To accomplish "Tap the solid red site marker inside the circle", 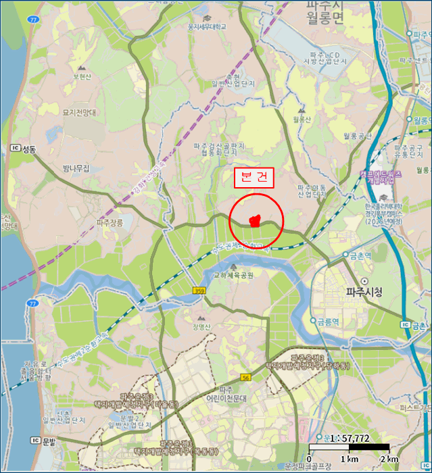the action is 255,220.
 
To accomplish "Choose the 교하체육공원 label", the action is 233,275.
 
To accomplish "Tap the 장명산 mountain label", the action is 201,327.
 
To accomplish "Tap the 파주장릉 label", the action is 110,222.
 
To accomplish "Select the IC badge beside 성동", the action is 15,148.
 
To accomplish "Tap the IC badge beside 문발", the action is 35,440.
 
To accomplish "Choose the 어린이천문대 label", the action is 228,399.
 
